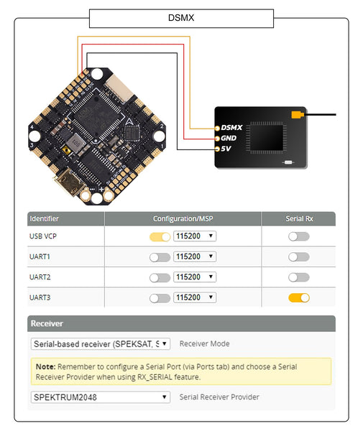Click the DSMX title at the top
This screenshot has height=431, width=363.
click(x=181, y=19)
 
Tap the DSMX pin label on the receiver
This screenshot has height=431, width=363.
click(x=231, y=126)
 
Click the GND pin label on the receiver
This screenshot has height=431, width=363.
click(x=229, y=138)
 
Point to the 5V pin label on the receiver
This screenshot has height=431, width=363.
click(x=226, y=149)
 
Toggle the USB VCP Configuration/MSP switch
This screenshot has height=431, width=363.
click(x=160, y=236)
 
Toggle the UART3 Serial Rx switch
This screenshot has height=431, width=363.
click(x=298, y=297)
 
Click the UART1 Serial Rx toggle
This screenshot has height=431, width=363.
click(x=298, y=256)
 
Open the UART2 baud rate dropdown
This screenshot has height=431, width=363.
click(x=195, y=277)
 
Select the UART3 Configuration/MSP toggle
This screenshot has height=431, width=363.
click(x=160, y=297)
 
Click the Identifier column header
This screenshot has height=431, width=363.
click(x=44, y=218)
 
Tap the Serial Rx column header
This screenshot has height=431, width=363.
click(x=298, y=218)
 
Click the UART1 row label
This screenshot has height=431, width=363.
click(x=40, y=256)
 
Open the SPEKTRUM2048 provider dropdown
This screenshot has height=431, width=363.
click(x=101, y=397)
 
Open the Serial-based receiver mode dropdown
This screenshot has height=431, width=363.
click(x=101, y=344)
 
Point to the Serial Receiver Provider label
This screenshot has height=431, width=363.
click(x=219, y=397)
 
